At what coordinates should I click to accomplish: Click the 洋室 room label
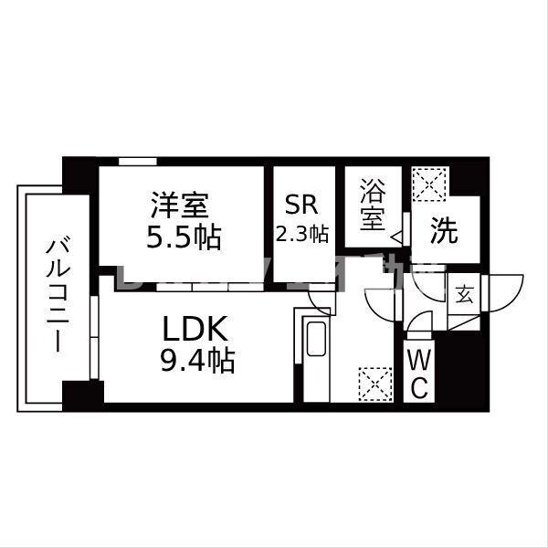pos(184,203)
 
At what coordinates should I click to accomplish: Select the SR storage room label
pos(301,204)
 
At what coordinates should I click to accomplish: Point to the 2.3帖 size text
pos(302,234)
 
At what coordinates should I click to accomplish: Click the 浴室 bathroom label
pos(372,206)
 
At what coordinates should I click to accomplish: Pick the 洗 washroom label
pos(444,231)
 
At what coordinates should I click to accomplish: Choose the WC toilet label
pos(417,373)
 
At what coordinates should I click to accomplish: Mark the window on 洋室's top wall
pos(136,162)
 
